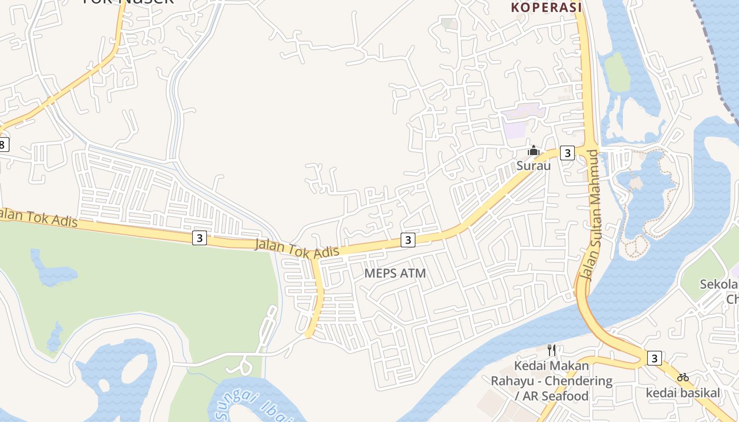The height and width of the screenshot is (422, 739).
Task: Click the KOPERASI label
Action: point(546,7)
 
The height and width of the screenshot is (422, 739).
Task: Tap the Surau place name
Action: point(533,166)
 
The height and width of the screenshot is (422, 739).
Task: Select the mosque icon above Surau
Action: point(534,151)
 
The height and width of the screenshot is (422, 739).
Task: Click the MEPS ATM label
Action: point(395,273)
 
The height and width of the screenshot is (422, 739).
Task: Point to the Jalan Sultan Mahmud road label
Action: point(590,215)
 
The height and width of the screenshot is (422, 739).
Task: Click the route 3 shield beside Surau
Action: point(567,153)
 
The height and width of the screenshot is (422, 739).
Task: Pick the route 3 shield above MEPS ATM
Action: point(407,240)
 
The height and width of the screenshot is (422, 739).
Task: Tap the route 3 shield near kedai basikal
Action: point(654,358)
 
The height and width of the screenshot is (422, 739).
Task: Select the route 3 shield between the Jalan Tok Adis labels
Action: point(199,238)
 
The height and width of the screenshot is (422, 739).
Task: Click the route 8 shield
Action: point(3,144)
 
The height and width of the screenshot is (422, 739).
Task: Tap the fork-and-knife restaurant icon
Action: point(552,350)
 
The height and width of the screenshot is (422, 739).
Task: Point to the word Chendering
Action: point(579,381)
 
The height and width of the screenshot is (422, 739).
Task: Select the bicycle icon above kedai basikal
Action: point(683,377)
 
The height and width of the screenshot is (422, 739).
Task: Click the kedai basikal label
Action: point(683,393)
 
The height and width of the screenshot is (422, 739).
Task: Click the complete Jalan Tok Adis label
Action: point(297,249)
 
